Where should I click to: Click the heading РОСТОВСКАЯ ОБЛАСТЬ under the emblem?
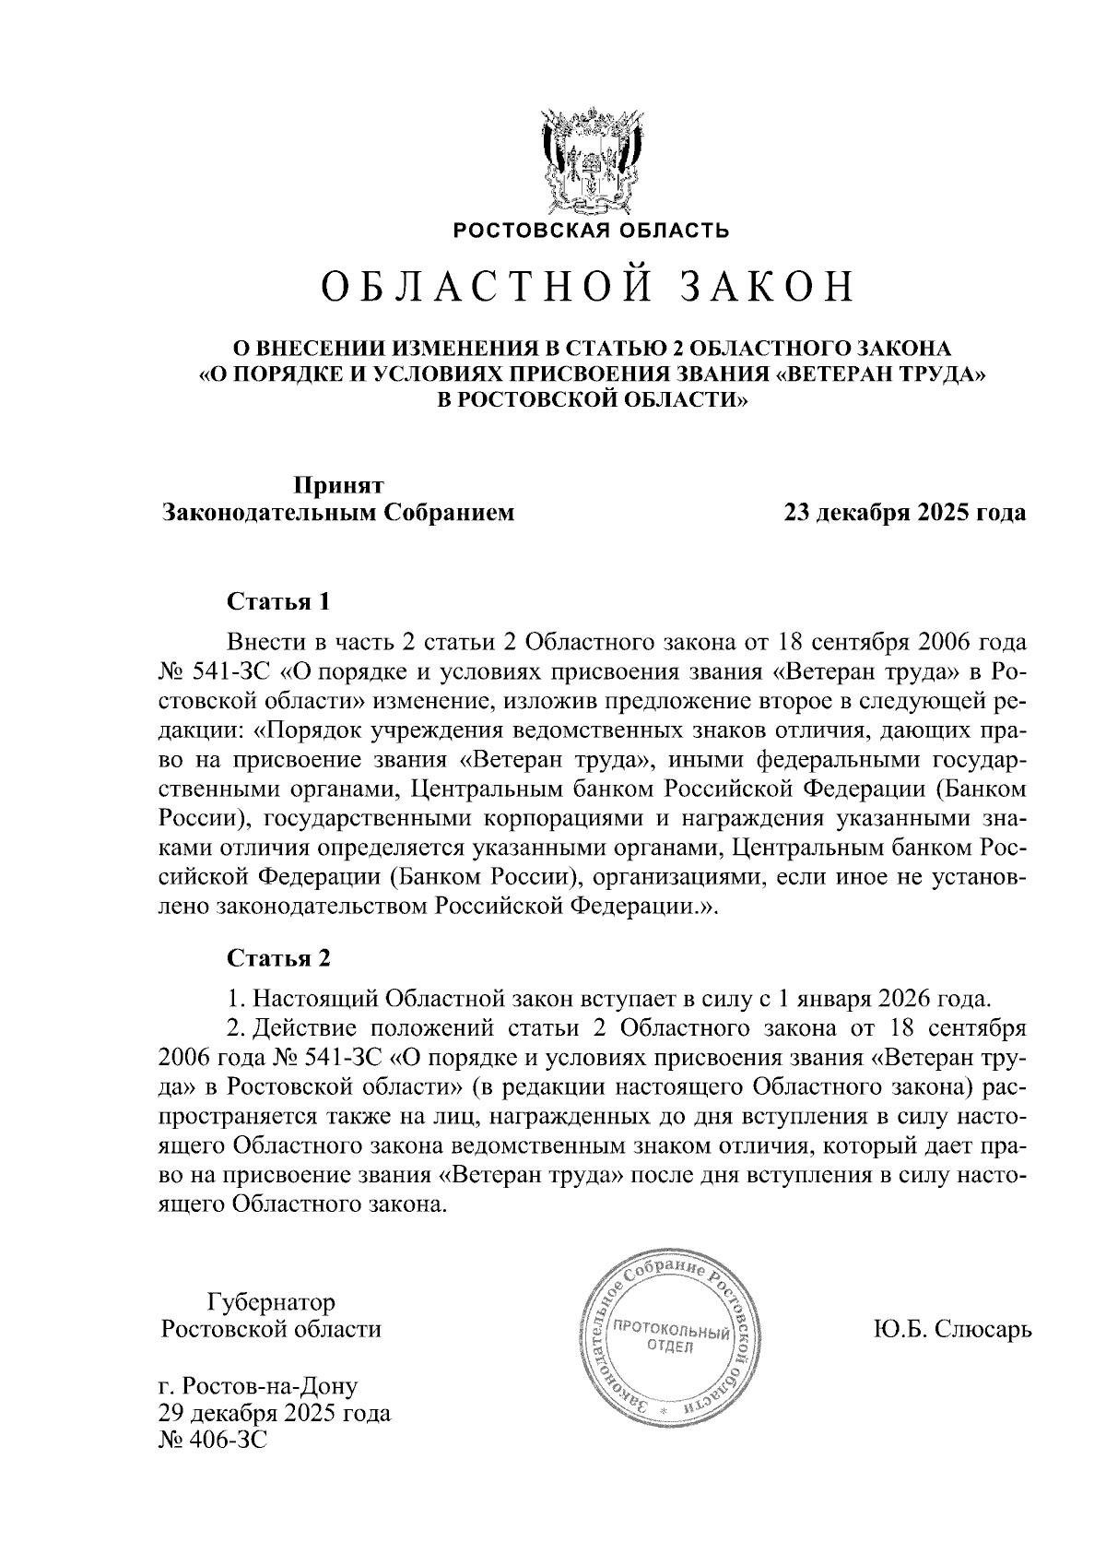tap(590, 231)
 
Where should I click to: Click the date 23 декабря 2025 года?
tap(903, 513)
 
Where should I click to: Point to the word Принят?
tap(338, 485)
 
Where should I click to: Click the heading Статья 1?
tap(277, 602)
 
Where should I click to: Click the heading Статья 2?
tap(277, 958)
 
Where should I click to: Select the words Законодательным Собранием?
tap(338, 513)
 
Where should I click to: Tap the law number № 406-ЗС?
tap(214, 1439)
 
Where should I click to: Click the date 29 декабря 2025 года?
tap(275, 1413)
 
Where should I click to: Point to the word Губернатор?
tap(271, 1302)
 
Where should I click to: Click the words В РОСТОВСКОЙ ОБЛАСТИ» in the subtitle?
tap(590, 400)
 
